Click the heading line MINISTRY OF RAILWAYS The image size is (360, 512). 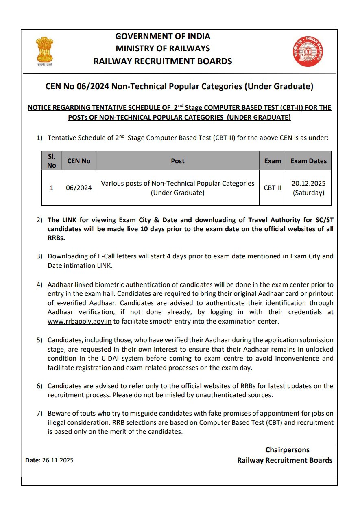[x=163, y=48]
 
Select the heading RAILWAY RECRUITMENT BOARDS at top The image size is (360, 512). [x=163, y=61]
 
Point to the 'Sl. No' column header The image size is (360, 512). [x=52, y=161]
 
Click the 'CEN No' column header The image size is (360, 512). [x=79, y=161]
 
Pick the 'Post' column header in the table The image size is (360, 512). [x=178, y=161]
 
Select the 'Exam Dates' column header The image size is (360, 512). [x=308, y=161]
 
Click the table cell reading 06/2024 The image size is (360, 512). [x=79, y=188]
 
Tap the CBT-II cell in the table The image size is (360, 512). [x=273, y=188]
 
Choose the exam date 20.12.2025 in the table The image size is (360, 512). [x=308, y=183]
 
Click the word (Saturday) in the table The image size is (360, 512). [x=308, y=193]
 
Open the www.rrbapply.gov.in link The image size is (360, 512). [x=79, y=322]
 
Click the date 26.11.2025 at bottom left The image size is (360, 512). [x=58, y=461]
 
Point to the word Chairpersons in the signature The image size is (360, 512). [x=287, y=450]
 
